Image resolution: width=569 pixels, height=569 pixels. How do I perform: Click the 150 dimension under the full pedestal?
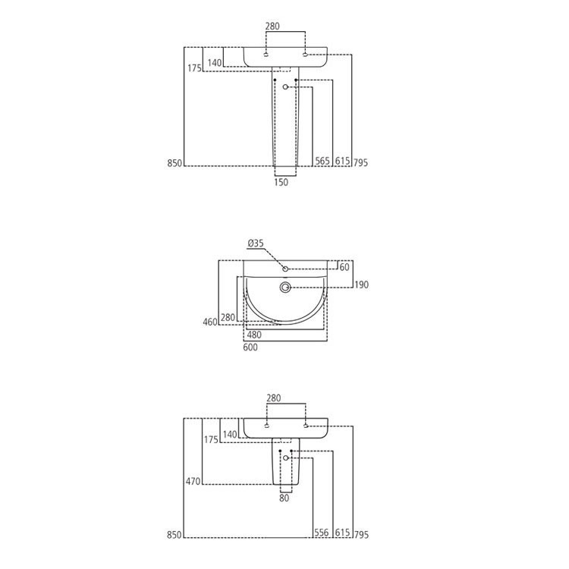pos(281,182)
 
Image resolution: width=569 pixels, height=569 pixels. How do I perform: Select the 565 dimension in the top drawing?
pos(322,162)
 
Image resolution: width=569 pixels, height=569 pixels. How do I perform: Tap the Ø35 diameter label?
pos(255,244)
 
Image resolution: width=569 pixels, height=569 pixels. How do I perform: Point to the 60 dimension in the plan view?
pos(344,267)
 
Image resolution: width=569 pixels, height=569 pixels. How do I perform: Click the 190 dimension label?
pos(361,284)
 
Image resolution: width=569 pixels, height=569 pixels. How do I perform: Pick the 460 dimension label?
pos(210,322)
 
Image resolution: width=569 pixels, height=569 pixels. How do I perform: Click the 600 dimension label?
pos(250,347)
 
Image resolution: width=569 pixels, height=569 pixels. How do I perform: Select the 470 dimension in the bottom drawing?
pos(193,480)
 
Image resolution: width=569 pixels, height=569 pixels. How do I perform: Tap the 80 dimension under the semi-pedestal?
pos(284,498)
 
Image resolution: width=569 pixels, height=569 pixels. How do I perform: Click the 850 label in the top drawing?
pos(174,163)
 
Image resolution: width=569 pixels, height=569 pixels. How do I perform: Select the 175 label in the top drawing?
pos(193,68)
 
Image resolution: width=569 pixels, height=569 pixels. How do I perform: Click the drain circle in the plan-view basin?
pos(286,288)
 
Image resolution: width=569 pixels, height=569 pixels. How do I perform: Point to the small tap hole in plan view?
pos(285,269)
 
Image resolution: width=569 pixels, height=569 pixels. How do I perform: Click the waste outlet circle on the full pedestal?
pos(285,88)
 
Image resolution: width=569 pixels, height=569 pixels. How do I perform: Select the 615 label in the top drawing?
pos(341,162)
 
